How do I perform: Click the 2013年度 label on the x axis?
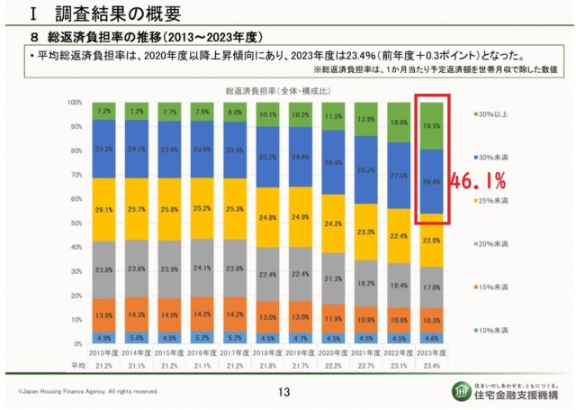pyautogui.click(x=103, y=353)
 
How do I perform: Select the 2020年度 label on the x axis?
pyautogui.click(x=332, y=353)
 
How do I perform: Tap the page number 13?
pyautogui.click(x=283, y=391)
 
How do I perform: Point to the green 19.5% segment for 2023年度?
pyautogui.click(x=431, y=126)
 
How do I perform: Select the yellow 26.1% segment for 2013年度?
pyautogui.click(x=103, y=209)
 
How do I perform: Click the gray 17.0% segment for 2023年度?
pyautogui.click(x=431, y=287)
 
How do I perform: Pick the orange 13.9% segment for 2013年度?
pyautogui.click(x=103, y=315)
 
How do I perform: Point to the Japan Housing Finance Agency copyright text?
pyautogui.click(x=88, y=392)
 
